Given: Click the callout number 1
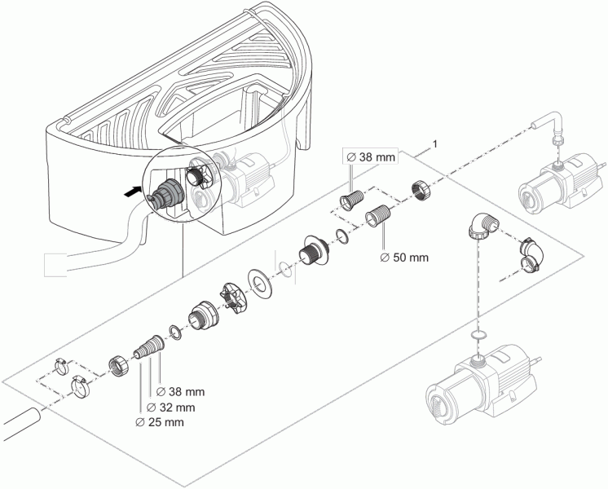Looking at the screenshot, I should coord(437,144).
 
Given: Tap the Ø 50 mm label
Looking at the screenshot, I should coord(404,258).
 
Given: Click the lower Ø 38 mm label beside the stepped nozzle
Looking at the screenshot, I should coord(182,392).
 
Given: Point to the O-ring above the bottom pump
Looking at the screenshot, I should coord(478,334).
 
